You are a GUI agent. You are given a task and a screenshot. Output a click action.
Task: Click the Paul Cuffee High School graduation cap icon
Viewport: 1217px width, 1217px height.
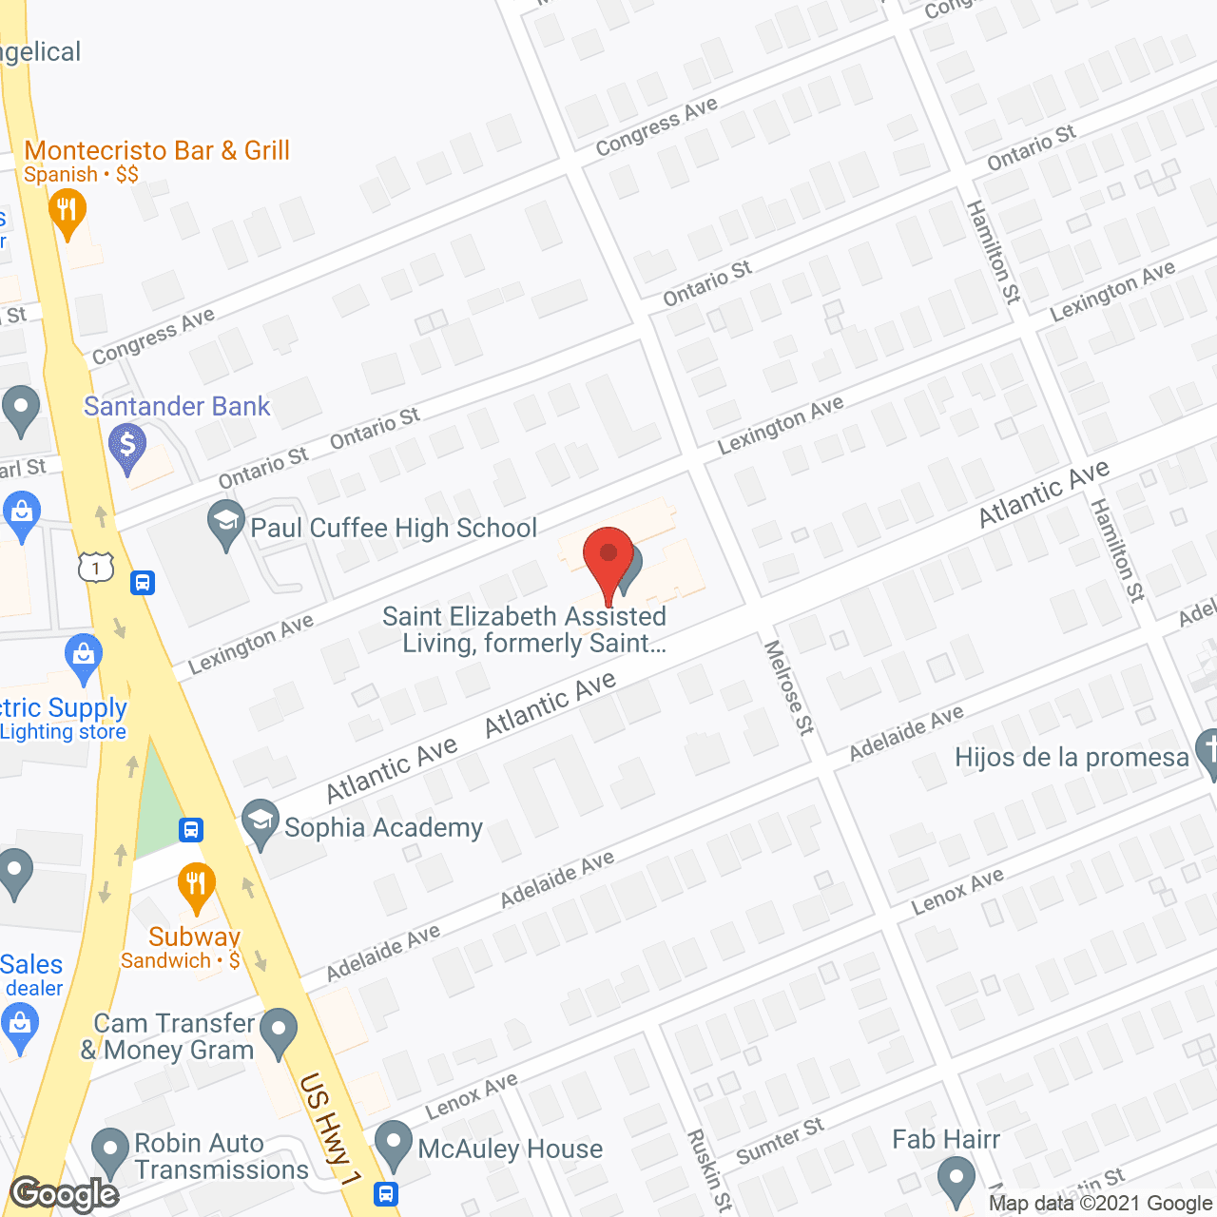[226, 523]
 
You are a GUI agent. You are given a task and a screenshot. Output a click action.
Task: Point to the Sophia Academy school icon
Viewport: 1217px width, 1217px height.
[260, 822]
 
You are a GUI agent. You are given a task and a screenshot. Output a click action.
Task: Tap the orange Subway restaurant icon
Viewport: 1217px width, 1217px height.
[195, 883]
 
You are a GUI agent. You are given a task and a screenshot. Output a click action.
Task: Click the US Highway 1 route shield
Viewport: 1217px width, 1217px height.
[96, 568]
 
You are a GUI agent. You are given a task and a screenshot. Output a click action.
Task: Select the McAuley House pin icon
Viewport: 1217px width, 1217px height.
[393, 1144]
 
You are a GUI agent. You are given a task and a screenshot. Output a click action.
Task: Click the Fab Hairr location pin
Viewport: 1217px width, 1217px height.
[956, 1182]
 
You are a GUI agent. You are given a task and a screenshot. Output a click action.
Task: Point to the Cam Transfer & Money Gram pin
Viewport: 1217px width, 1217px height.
[278, 1031]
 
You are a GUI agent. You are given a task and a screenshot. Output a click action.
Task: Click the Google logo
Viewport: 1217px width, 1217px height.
[64, 1193]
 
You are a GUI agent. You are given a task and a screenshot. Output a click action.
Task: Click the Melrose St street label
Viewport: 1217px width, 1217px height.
[789, 687]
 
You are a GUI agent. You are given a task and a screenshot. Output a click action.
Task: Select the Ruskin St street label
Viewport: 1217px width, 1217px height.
[709, 1170]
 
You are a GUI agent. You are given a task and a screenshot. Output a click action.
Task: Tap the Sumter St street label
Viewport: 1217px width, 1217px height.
[780, 1141]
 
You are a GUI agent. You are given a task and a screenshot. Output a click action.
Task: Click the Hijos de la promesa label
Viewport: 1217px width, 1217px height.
[1072, 758]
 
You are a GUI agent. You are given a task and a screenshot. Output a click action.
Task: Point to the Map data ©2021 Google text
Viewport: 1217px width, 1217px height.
[1100, 1204]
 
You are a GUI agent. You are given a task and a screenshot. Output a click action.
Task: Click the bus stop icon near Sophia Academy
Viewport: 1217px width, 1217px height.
[191, 830]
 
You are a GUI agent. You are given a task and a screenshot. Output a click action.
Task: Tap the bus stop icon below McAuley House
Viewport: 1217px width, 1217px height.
[386, 1193]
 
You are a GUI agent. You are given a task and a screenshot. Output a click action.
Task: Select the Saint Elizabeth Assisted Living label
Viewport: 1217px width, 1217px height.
[524, 629]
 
